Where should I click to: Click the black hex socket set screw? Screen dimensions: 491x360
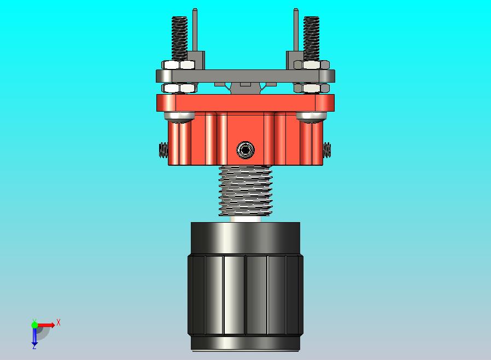(x=245, y=150)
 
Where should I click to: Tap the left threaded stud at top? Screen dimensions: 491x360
(x=179, y=38)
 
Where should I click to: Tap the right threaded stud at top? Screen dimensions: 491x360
(x=311, y=38)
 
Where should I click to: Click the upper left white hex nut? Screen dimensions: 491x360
(x=178, y=65)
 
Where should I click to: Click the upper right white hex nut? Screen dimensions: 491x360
(x=312, y=65)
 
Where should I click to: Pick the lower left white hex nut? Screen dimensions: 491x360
(x=179, y=88)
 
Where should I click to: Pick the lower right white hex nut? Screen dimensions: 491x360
(x=312, y=88)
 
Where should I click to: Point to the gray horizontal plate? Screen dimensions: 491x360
(x=245, y=76)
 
